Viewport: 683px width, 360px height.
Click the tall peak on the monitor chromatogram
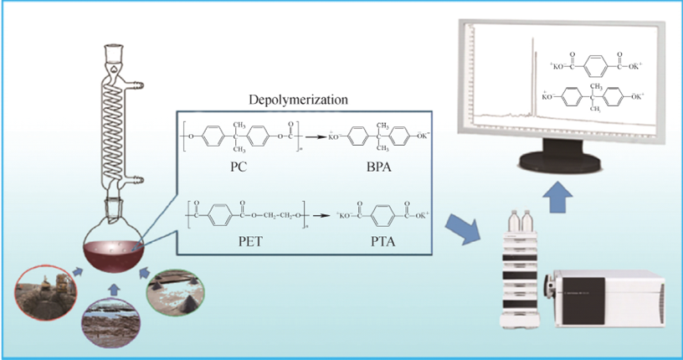point(532,84)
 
